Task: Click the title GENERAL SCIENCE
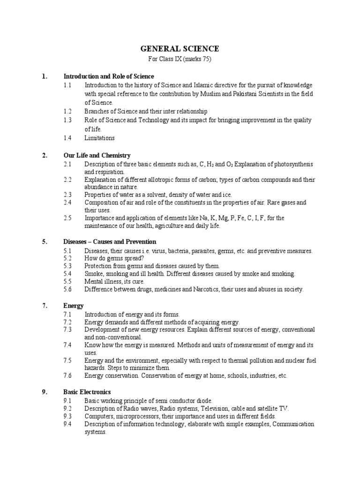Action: coord(180,49)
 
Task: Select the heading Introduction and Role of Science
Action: coord(109,76)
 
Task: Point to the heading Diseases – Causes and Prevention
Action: coord(110,242)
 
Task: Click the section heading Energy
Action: coord(74,306)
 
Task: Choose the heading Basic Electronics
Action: coord(87,392)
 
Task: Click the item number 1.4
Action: coord(67,138)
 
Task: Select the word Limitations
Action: coord(99,138)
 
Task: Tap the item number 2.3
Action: coord(67,195)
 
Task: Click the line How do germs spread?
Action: coord(114,258)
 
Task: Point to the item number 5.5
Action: coord(67,282)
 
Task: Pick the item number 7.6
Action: coord(67,375)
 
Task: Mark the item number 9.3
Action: coord(67,416)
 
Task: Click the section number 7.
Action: coord(45,306)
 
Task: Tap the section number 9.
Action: coord(45,392)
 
